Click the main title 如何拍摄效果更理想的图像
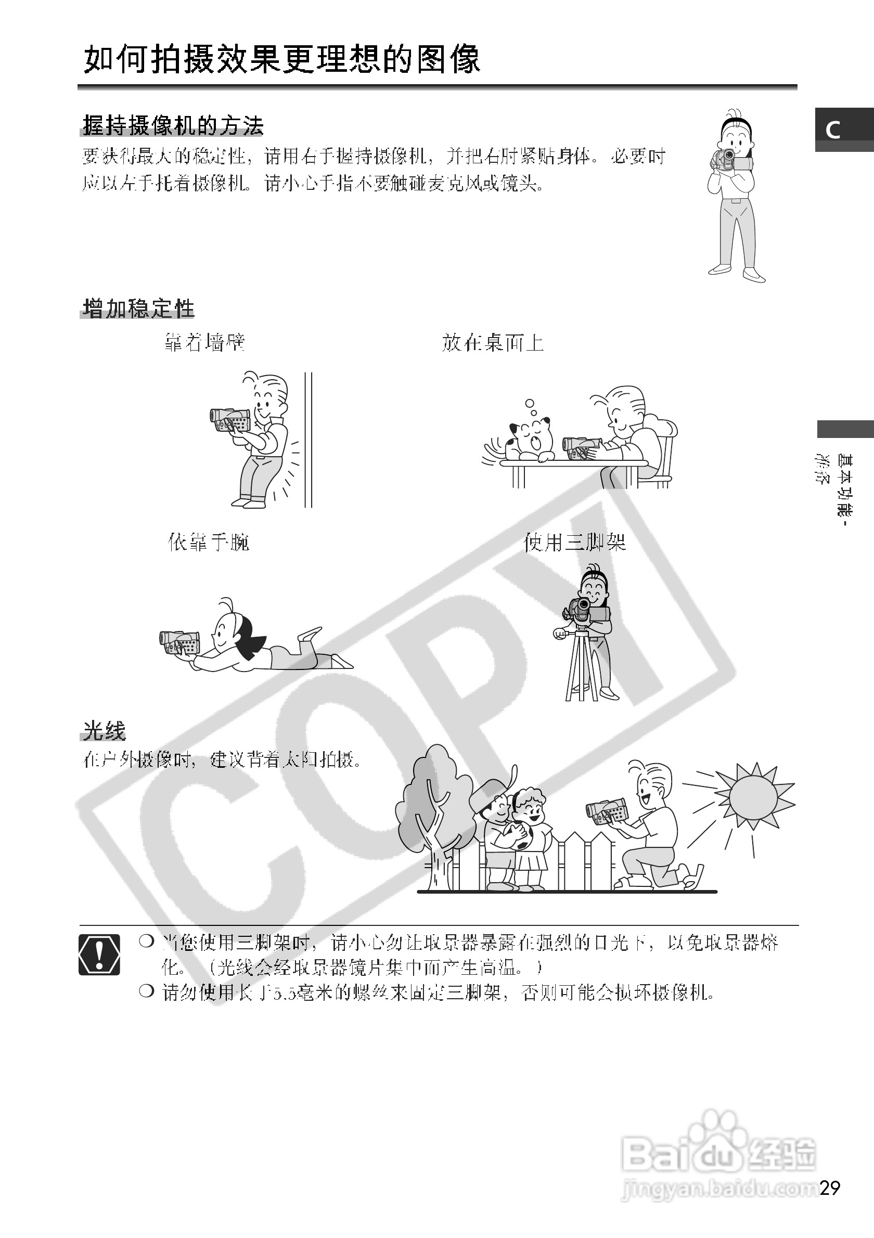click(281, 59)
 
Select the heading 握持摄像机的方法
click(173, 126)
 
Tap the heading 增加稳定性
click(138, 309)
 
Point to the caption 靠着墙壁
click(205, 342)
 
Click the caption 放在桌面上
click(492, 342)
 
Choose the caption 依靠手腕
click(209, 542)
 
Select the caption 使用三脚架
click(575, 542)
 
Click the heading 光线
click(104, 731)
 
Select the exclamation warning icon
click(99, 955)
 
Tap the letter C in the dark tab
click(833, 130)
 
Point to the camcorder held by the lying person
click(179, 643)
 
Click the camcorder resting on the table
click(580, 447)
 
